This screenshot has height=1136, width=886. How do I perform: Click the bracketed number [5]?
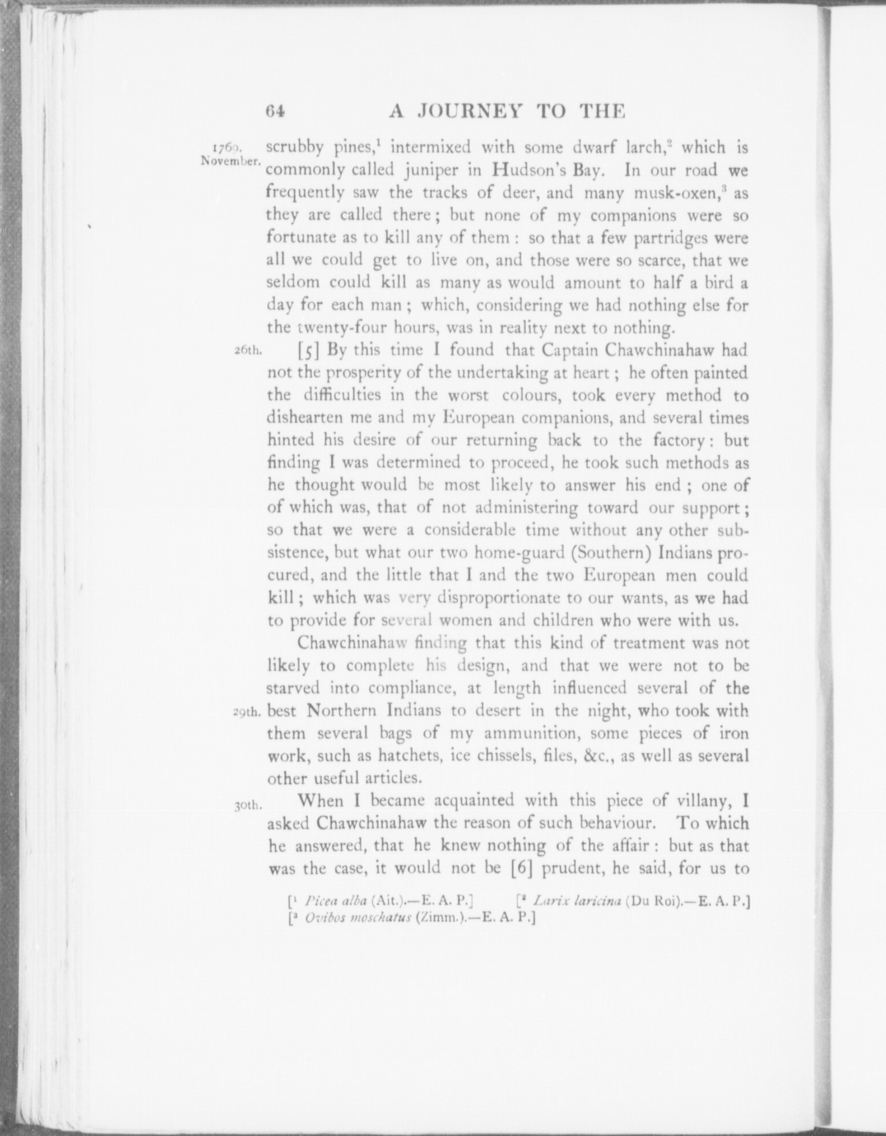[x=310, y=350]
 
